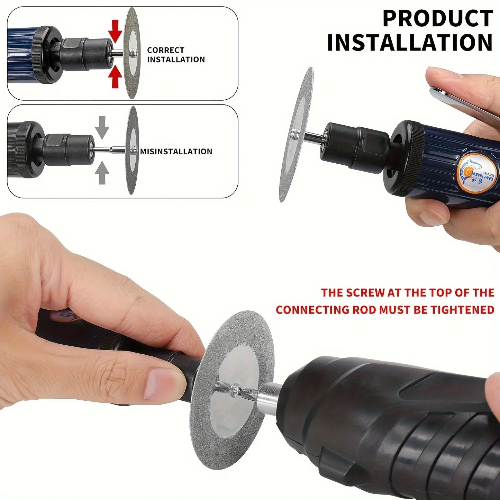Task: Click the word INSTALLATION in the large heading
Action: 410,42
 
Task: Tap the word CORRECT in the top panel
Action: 165,50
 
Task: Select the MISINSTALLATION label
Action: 176,152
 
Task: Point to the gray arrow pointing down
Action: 102,127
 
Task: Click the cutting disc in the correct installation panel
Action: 132,53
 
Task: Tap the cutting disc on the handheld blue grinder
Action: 297,134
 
